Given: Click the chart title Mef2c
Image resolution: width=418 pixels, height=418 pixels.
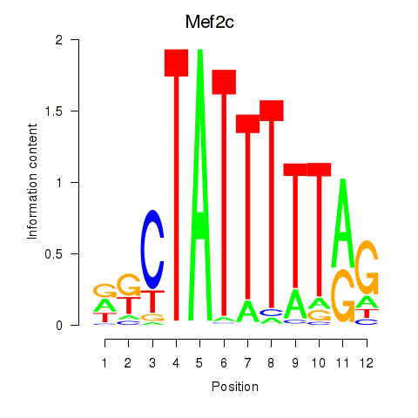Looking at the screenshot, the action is (x=210, y=22).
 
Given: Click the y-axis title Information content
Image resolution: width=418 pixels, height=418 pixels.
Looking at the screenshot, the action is (x=32, y=182).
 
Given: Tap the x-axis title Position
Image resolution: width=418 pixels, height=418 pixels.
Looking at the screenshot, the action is (x=235, y=387).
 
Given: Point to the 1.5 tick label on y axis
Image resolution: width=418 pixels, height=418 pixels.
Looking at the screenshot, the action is (x=54, y=111).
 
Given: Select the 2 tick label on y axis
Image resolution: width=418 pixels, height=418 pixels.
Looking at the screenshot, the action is (x=59, y=40).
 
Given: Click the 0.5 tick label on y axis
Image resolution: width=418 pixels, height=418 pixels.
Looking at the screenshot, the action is (x=54, y=253).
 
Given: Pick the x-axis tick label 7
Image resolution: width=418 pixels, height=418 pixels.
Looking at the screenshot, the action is (x=247, y=363).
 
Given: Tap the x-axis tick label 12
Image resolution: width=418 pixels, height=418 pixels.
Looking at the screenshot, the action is (x=367, y=363).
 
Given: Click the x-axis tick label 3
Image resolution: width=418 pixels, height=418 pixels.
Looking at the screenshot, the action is (x=152, y=363).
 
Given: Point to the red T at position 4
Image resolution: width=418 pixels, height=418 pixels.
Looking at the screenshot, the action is (x=177, y=185).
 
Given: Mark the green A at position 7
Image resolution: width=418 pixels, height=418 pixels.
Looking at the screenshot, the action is (x=247, y=312).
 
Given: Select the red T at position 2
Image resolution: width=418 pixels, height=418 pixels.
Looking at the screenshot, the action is (x=129, y=306).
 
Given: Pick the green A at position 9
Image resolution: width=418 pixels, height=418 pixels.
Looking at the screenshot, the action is (x=295, y=305).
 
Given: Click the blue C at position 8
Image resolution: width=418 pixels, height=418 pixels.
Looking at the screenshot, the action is (x=272, y=313).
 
